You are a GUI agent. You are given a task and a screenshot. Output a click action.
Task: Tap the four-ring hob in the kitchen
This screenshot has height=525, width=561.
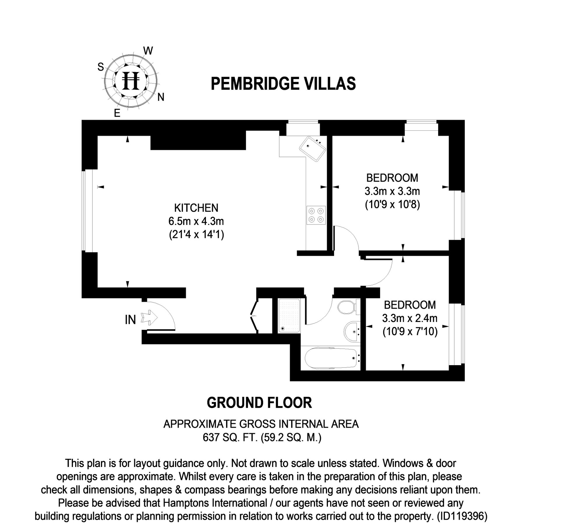point(316,215)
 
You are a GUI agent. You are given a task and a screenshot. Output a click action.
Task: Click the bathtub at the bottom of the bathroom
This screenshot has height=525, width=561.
point(331,358)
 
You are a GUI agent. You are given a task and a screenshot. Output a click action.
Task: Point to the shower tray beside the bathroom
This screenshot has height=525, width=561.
point(289,315)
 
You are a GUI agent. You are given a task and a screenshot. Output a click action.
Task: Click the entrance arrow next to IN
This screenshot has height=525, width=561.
point(149,317)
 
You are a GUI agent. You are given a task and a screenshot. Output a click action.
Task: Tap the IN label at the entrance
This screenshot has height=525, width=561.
point(130,320)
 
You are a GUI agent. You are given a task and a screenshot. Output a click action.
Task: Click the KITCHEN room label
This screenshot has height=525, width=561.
point(196,208)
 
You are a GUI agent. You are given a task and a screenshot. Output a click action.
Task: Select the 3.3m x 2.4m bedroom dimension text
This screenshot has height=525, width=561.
point(410,318)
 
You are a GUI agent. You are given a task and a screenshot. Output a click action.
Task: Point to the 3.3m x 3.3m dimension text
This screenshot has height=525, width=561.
point(392,191)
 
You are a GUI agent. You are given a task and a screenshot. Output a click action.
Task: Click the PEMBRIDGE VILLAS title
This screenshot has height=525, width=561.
point(283,83)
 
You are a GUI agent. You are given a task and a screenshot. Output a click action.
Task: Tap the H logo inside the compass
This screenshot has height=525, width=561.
point(131,81)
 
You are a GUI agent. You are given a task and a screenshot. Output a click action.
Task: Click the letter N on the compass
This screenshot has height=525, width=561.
point(161,97)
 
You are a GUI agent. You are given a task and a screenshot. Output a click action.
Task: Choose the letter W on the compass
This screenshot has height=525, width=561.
point(148,51)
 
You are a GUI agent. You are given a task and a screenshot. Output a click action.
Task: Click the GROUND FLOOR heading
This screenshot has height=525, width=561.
point(259,403)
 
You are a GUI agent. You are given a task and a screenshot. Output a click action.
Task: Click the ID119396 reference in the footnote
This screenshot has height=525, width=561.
point(462,517)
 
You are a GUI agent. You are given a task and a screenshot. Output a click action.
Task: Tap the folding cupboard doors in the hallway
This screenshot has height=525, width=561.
point(254,316)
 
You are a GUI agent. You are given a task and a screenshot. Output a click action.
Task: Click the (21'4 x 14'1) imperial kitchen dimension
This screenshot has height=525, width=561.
point(196,234)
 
